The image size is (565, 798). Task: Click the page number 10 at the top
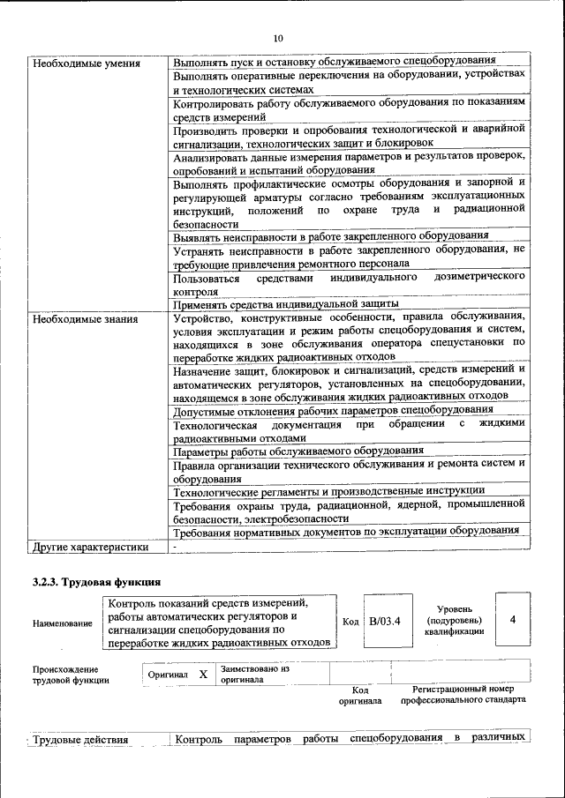pyautogui.click(x=278, y=39)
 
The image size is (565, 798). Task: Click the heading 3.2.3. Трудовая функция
pyautogui.click(x=95, y=582)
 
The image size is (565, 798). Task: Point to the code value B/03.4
pyautogui.click(x=385, y=622)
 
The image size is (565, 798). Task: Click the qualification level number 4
pyautogui.click(x=513, y=620)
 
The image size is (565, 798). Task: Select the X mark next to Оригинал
pyautogui.click(x=203, y=674)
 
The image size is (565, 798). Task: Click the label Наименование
pyautogui.click(x=62, y=623)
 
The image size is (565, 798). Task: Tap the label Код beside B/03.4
pyautogui.click(x=350, y=622)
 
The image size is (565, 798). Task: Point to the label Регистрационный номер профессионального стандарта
pyautogui.click(x=463, y=694)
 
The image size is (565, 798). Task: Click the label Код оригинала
pyautogui.click(x=360, y=696)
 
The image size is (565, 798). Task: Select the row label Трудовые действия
pyautogui.click(x=80, y=740)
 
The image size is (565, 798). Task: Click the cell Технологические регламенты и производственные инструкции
pyautogui.click(x=329, y=490)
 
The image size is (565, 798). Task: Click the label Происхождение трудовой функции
pyautogui.click(x=71, y=675)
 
